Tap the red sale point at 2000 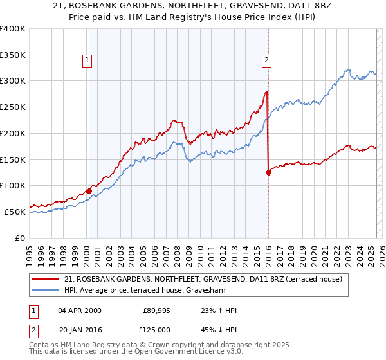point(89,191)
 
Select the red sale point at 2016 point(268,172)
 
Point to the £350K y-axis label point(13,55)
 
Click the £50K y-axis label point(15,212)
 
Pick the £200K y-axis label point(13,133)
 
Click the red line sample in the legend point(46,279)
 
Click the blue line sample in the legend point(46,289)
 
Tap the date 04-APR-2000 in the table point(79,310)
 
